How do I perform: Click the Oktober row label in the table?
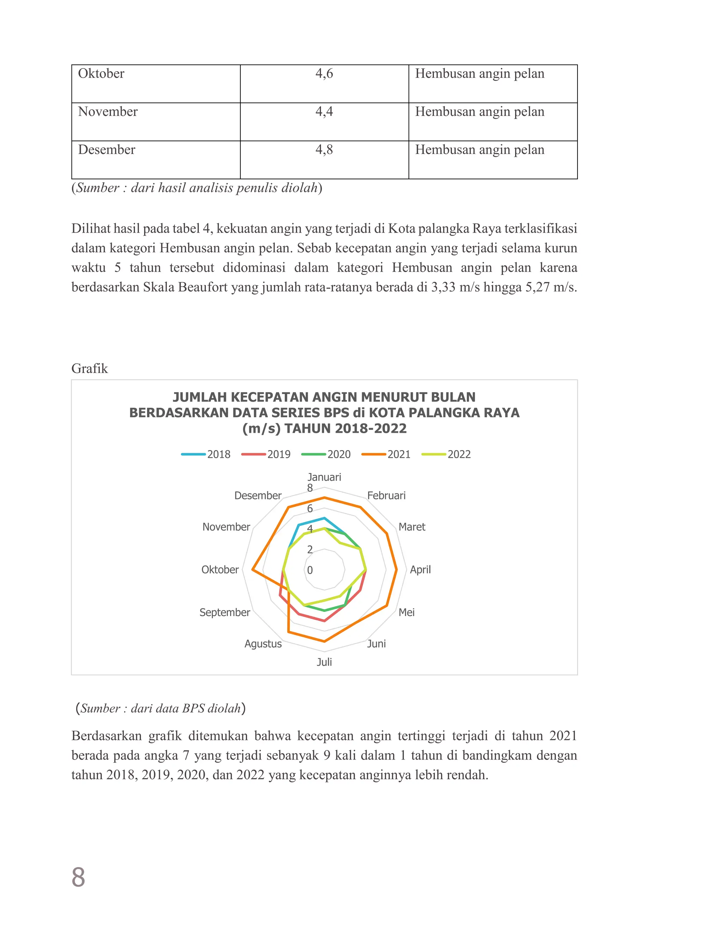coord(101,74)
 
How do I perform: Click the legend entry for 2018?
coord(206,454)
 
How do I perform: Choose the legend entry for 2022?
coord(447,454)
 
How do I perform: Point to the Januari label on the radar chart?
coord(324,477)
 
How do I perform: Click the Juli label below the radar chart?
coord(324,662)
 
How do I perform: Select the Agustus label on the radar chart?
coord(263,644)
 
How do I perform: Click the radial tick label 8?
coord(310,488)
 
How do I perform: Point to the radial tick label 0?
coord(310,570)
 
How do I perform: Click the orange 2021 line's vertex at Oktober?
coord(253,570)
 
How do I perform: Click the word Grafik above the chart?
coord(90,369)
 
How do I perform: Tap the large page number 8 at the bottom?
coord(78,878)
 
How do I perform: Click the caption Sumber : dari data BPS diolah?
coord(160,709)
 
